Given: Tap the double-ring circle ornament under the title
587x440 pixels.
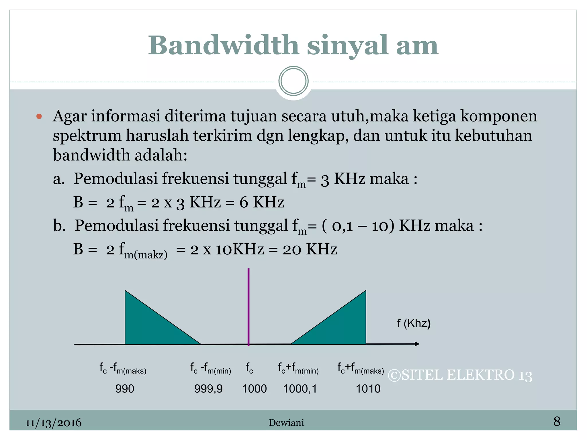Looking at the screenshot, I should click(293, 81).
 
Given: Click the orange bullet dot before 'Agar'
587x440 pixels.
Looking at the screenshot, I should click(39, 116).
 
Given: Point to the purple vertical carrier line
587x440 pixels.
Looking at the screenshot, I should click(249, 307).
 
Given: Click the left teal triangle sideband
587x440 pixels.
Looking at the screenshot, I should click(146, 327).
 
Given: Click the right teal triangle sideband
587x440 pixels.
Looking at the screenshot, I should click(344, 327).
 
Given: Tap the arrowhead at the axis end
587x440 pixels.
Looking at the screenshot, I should click(417, 344).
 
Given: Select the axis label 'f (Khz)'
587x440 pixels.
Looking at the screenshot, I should click(414, 323).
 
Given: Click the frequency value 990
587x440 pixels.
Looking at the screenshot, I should click(125, 389).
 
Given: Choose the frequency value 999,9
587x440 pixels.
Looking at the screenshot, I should click(208, 389).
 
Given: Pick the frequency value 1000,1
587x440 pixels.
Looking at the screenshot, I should click(300, 389).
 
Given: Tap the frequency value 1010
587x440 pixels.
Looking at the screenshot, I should click(368, 389).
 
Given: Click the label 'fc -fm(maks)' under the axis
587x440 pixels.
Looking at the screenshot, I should click(123, 369).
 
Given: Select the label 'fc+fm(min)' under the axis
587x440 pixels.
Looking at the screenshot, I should click(298, 369).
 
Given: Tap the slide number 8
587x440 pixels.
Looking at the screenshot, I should click(557, 421).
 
